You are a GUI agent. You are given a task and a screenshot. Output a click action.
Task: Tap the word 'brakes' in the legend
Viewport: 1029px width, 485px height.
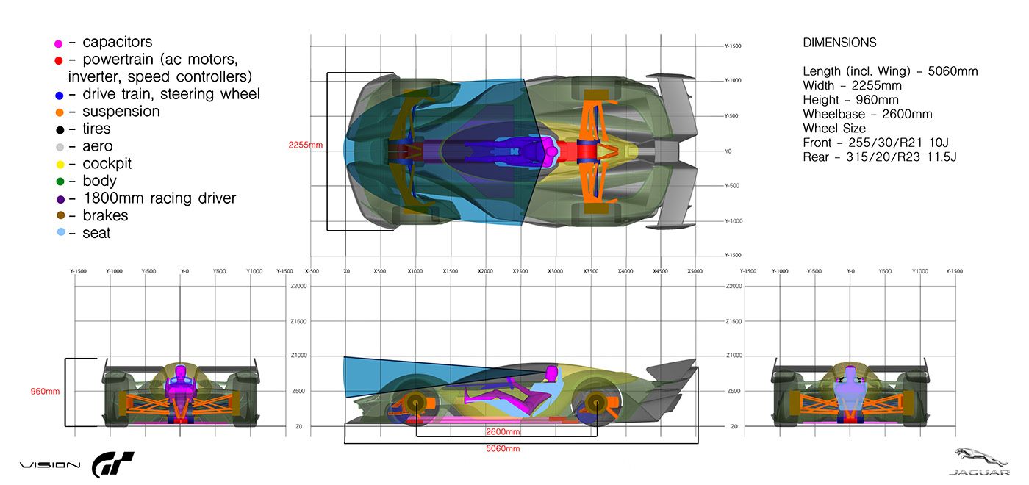pos(105,215)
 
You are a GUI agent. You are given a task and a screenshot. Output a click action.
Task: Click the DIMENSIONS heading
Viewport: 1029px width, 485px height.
pos(839,43)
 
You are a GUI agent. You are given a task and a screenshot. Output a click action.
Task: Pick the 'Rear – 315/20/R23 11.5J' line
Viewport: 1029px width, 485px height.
pos(879,157)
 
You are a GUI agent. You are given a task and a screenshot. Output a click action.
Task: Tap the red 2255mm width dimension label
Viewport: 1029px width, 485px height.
pos(307,145)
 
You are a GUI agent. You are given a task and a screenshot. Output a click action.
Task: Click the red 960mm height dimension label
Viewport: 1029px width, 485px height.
pos(45,392)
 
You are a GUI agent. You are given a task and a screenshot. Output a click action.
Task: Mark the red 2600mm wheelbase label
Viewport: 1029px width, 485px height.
pos(503,431)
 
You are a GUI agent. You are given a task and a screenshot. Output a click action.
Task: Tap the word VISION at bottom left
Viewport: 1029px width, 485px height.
pos(49,465)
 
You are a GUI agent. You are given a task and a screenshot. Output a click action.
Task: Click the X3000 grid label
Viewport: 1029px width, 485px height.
pos(555,271)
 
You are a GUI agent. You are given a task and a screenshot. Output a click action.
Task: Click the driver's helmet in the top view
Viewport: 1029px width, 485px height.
pos(551,151)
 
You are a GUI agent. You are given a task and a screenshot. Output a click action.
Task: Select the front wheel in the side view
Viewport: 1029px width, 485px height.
pos(415,403)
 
